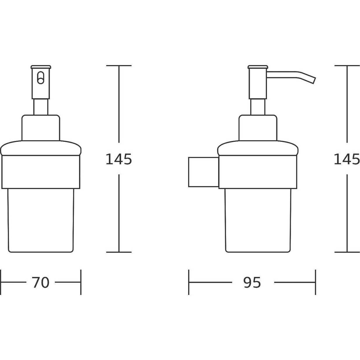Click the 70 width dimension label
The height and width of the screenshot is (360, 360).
point(40,282)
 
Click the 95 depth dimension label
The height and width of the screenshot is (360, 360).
point(252,282)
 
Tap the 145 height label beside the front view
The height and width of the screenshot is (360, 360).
point(119,159)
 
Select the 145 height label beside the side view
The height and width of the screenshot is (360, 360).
point(347,159)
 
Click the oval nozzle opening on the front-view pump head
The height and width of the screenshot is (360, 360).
point(41,77)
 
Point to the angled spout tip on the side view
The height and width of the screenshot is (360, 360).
point(314,81)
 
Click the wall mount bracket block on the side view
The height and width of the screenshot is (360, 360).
point(203,172)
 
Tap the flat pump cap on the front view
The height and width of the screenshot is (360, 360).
point(41,67)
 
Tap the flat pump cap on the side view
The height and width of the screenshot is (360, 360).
point(258,67)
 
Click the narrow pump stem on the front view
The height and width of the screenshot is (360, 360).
point(41,107)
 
